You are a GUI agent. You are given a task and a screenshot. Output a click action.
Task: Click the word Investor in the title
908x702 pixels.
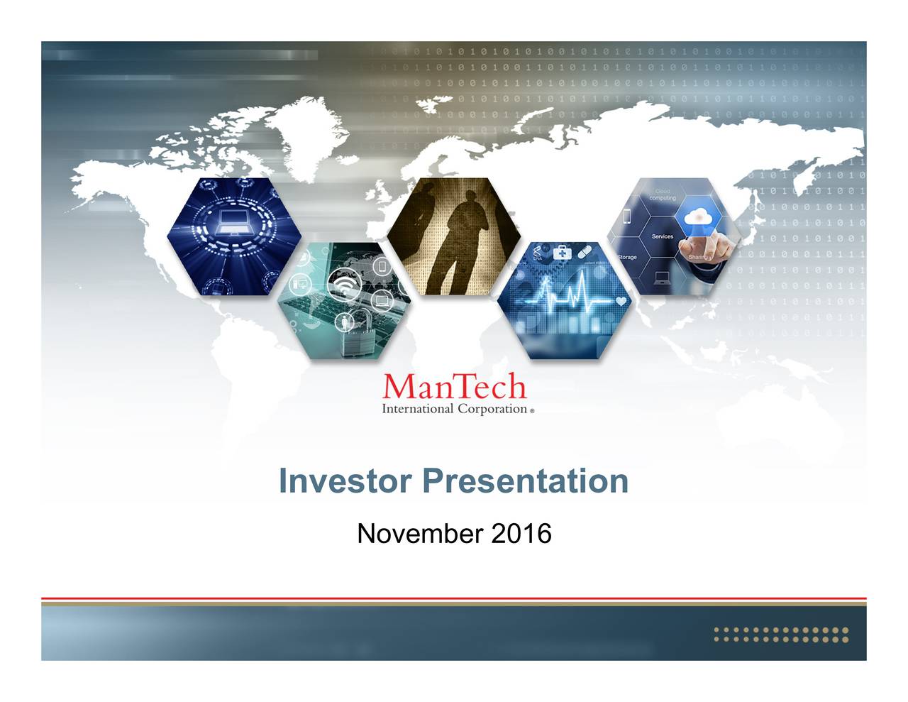tap(345, 481)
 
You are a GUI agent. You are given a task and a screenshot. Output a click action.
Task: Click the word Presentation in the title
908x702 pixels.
tap(525, 481)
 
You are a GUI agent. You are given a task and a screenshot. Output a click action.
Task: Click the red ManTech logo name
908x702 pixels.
tap(454, 387)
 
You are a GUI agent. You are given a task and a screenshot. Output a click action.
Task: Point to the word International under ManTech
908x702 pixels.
tap(417, 409)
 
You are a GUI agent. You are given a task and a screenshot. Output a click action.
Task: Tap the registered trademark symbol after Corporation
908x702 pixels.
tap(532, 411)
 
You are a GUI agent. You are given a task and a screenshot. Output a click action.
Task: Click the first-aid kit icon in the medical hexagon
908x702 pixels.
tap(562, 253)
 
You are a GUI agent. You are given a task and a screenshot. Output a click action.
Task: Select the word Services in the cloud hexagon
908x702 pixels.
tap(662, 236)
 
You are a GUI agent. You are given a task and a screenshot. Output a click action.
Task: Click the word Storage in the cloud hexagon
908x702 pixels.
tap(626, 257)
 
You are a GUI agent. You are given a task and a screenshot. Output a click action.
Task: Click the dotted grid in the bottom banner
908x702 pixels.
tap(780, 635)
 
